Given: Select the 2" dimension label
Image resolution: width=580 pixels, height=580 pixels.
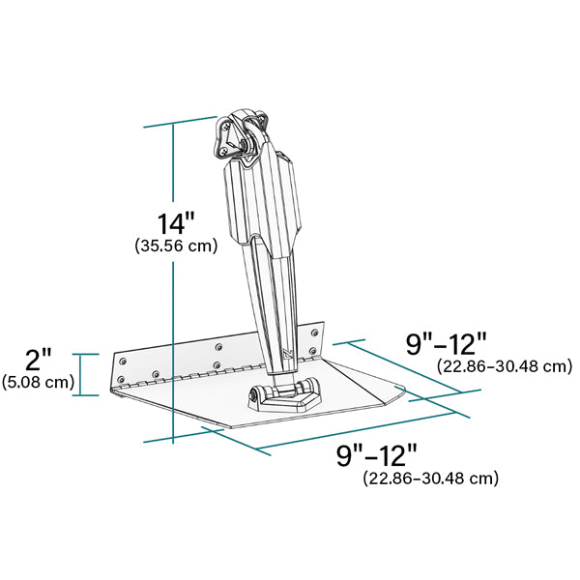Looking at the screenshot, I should [39, 361].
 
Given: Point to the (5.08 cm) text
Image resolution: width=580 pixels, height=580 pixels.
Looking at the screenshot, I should [39, 382].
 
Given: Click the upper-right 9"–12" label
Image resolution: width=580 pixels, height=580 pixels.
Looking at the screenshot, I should [446, 344].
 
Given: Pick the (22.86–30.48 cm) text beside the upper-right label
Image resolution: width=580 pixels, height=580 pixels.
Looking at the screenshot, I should [505, 366].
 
